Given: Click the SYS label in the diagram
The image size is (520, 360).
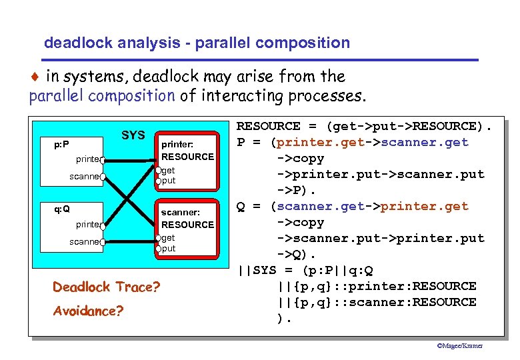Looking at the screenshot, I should pos(133,135).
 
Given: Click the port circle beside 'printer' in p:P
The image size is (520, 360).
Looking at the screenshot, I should pos(103,160).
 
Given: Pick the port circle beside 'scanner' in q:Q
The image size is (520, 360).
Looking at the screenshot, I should pos(103,242).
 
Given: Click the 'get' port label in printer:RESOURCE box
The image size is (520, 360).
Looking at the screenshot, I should pos(169,170).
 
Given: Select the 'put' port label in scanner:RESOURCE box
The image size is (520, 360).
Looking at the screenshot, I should pos(169,249).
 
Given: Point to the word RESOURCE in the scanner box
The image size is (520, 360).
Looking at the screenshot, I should pos(187,225).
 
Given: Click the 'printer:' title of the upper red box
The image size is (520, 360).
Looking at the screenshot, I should pos(177,143).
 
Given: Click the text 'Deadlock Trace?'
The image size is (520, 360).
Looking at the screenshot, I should pos(107,287).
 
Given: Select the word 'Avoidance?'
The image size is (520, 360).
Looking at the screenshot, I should pos(88,311).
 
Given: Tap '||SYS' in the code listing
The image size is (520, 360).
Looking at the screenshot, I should pos(257,270).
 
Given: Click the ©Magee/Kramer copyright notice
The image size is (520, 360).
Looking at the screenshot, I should pos(459,345).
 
